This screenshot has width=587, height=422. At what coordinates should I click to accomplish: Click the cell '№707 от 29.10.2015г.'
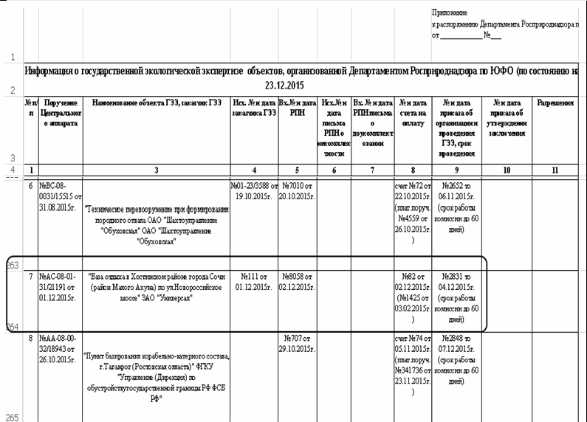pos(298,342)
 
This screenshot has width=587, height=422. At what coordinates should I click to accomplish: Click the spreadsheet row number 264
pos(12,325)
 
